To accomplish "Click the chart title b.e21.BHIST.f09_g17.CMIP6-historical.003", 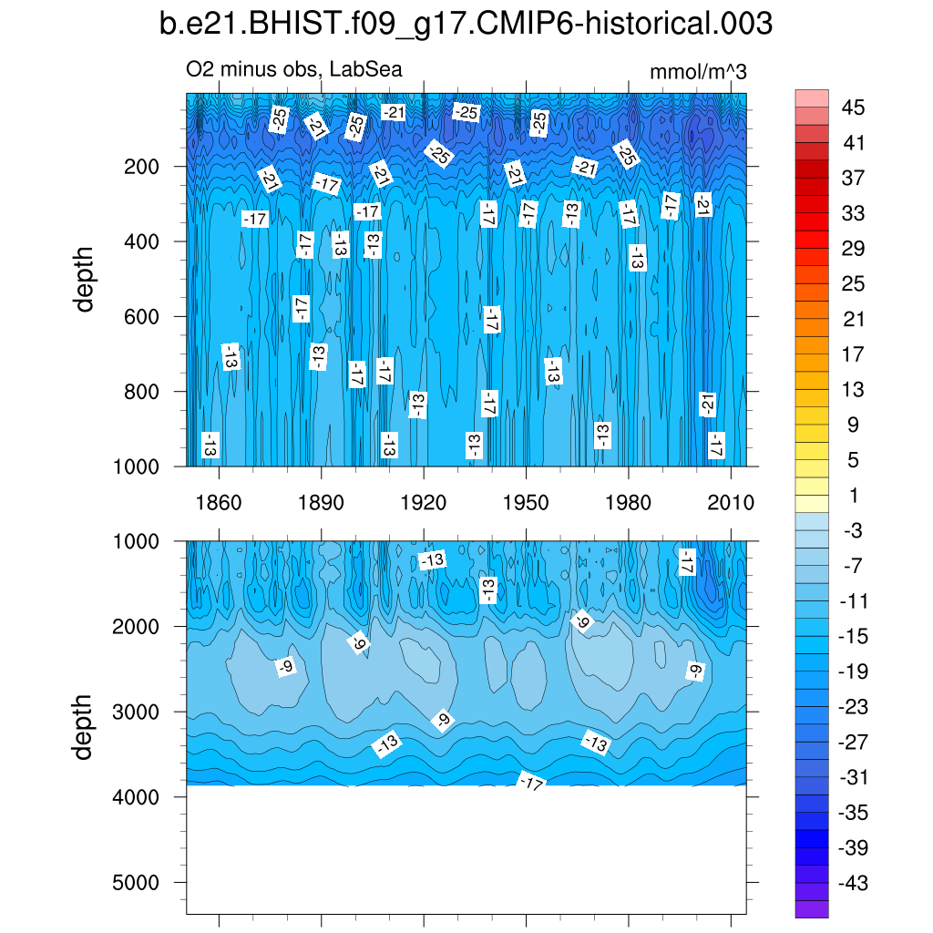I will pyautogui.click(x=466, y=25).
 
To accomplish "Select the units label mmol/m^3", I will pyautogui.click(x=698, y=72).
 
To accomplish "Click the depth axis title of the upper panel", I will pyautogui.click(x=85, y=279).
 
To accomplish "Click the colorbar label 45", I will pyautogui.click(x=854, y=108).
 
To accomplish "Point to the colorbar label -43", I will pyautogui.click(x=854, y=883).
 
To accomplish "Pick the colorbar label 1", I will pyautogui.click(x=854, y=496).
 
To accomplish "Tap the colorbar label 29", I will pyautogui.click(x=854, y=249).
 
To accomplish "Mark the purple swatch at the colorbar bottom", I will pyautogui.click(x=812, y=908).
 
